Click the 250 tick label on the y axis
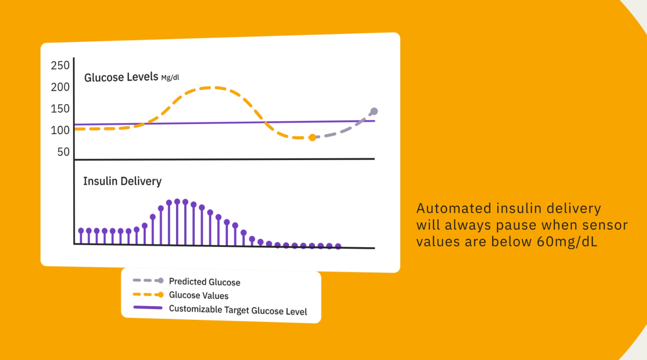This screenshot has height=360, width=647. (60, 66)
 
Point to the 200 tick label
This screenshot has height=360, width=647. (60, 87)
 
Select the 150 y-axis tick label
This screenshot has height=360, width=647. (60, 109)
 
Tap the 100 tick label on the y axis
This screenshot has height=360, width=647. (60, 130)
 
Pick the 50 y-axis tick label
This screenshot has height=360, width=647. (63, 152)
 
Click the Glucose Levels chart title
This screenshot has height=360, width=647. (121, 77)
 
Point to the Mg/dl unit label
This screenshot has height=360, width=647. (170, 78)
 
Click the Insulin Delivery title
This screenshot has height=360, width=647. (122, 181)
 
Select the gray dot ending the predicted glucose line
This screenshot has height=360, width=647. (374, 111)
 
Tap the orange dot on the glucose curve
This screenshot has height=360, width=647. (312, 138)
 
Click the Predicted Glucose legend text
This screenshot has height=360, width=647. (204, 282)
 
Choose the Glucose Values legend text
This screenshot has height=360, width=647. (198, 295)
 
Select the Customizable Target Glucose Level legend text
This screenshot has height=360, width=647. (238, 310)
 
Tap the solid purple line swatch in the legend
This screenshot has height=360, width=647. (148, 308)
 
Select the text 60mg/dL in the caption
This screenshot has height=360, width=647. (567, 242)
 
